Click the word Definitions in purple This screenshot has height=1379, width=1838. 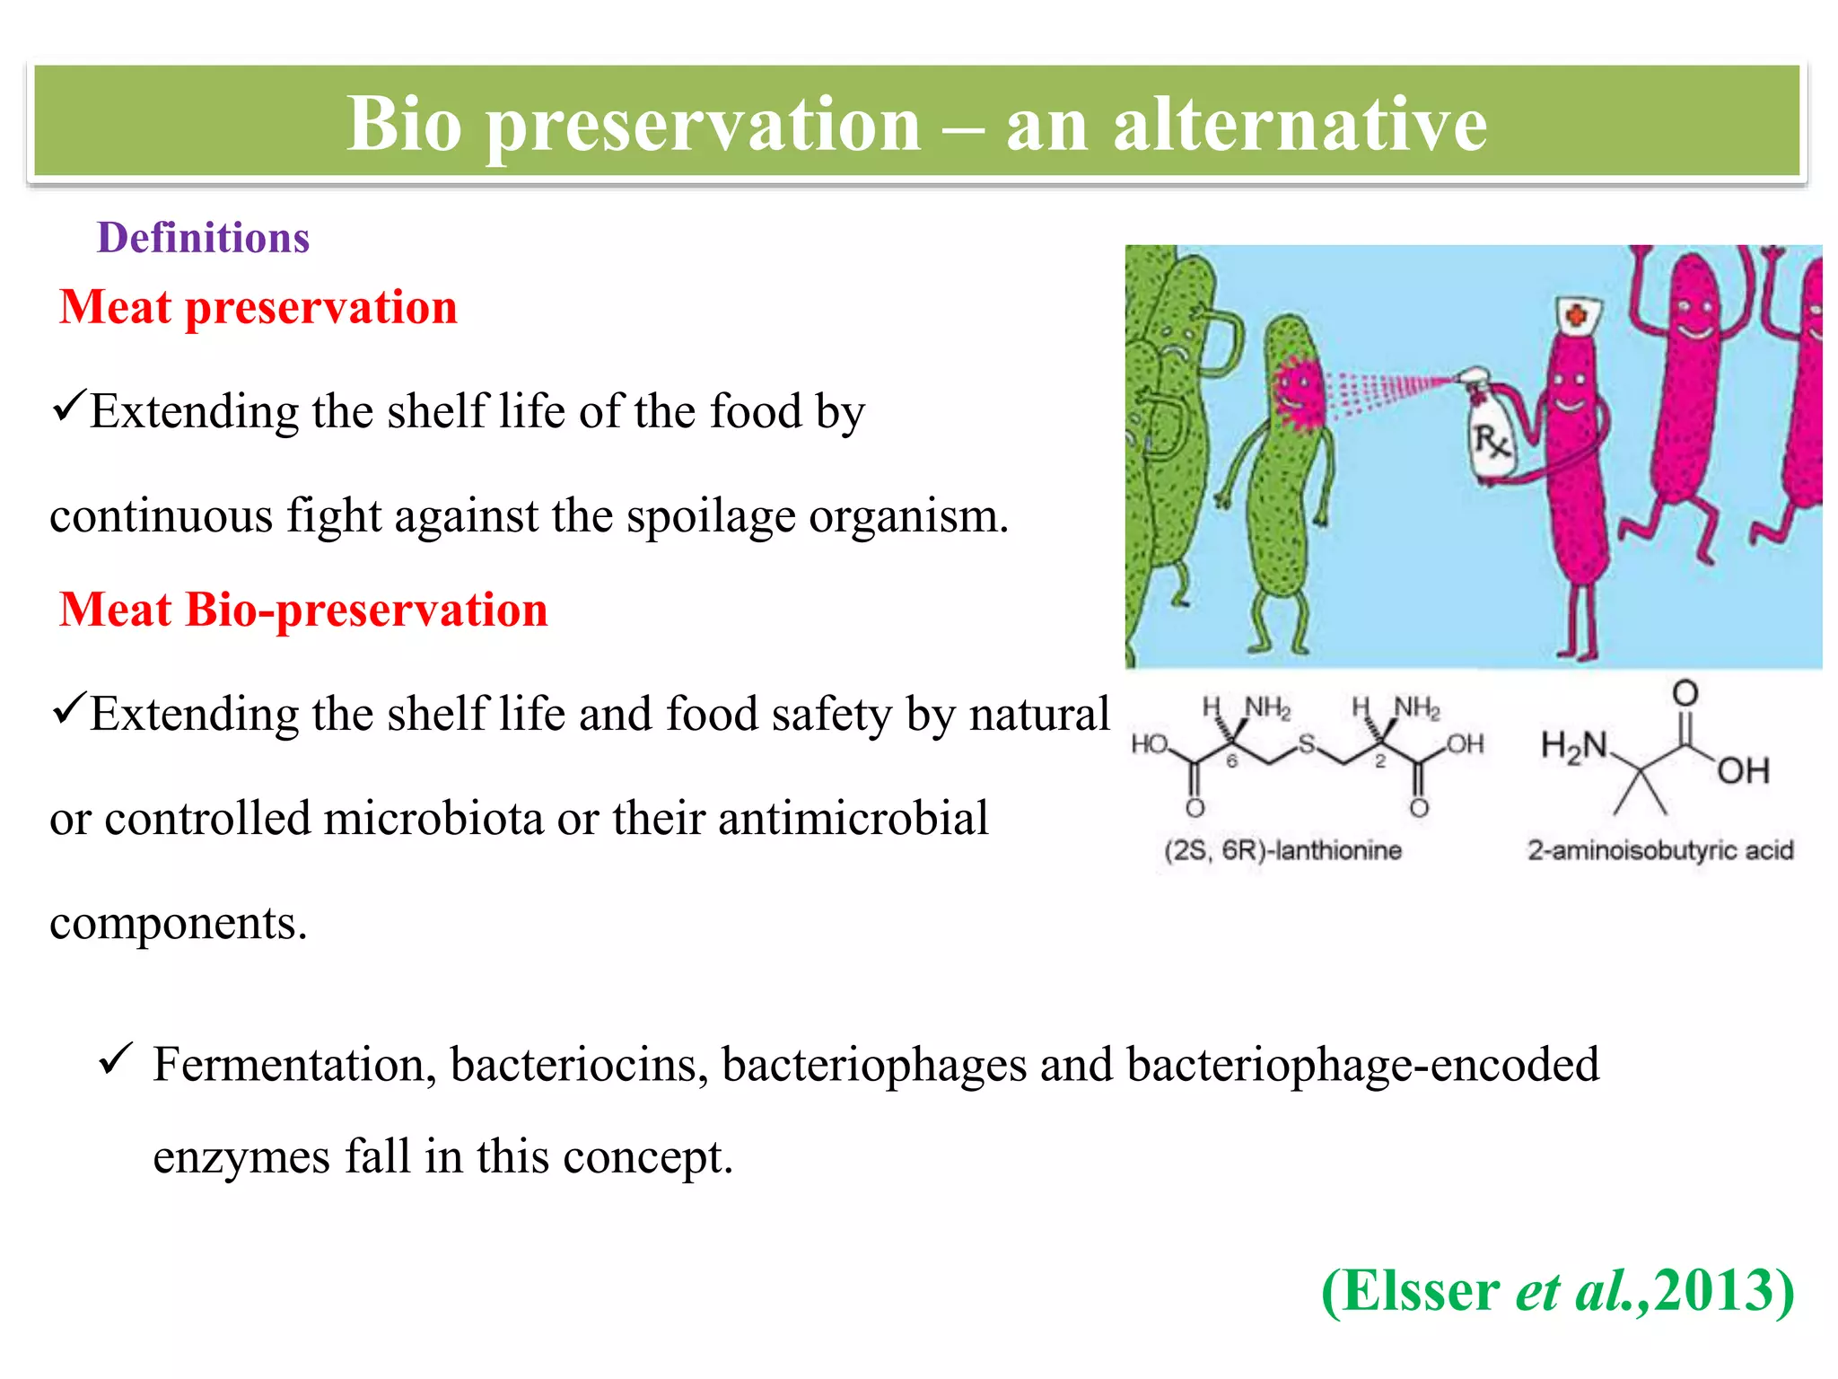click(x=203, y=238)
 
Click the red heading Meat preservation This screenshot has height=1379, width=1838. click(x=258, y=307)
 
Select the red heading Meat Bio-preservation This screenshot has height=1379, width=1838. click(x=303, y=610)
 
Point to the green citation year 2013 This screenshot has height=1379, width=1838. click(x=1712, y=1290)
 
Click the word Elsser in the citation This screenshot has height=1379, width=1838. click(x=1421, y=1290)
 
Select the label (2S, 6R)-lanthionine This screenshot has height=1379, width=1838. click(x=1282, y=849)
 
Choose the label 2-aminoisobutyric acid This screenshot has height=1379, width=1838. click(x=1660, y=849)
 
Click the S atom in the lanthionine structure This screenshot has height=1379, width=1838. click(x=1307, y=743)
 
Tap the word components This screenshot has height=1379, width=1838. click(x=178, y=923)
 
